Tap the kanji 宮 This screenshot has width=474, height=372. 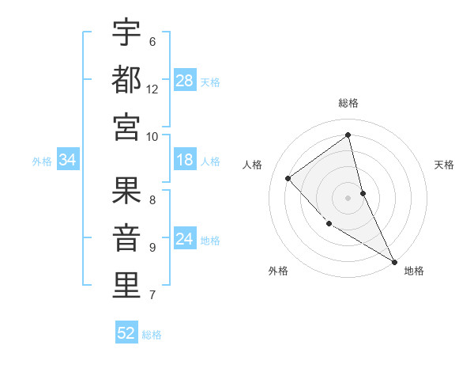point(126,127)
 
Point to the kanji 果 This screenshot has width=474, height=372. point(126,191)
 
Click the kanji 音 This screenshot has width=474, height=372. point(126,238)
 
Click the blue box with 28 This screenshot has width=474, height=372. point(185,81)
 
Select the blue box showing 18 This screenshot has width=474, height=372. point(185,161)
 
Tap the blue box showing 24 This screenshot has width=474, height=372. point(185,240)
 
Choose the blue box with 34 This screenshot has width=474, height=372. point(68,161)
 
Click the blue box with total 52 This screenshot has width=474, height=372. point(126,333)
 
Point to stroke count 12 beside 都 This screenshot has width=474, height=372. point(152,89)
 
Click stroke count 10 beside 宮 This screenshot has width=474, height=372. point(152,136)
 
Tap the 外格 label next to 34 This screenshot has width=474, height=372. point(42,161)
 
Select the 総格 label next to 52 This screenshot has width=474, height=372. point(152,334)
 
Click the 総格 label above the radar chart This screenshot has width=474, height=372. point(348,103)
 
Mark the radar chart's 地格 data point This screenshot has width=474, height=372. point(393,260)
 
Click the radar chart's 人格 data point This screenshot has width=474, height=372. point(288,178)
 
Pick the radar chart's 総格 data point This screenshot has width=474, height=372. point(348,135)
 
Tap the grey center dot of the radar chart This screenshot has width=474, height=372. point(348,198)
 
